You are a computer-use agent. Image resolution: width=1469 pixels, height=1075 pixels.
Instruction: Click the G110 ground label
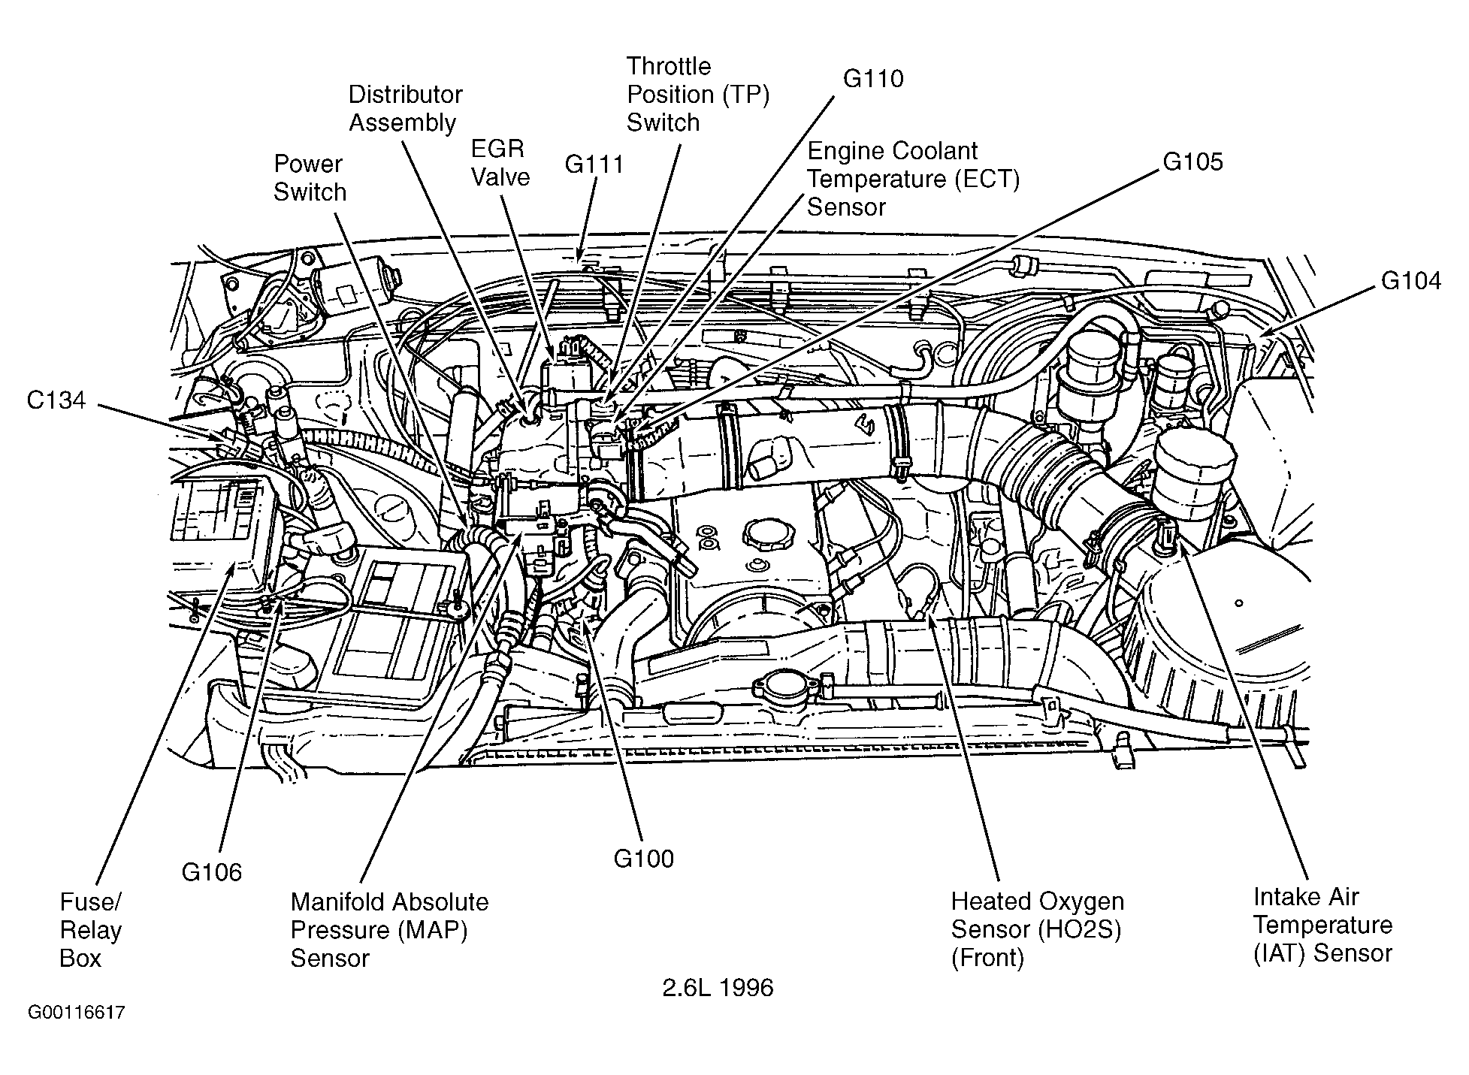click(873, 79)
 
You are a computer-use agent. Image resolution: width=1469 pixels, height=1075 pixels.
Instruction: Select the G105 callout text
click(1193, 162)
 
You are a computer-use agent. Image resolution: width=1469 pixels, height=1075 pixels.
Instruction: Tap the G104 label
click(1411, 281)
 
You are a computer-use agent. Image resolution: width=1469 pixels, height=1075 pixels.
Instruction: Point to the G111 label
click(594, 165)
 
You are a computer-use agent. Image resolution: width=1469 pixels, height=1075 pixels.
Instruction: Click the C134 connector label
click(56, 400)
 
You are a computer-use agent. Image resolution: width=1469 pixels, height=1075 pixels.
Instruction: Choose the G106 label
click(212, 872)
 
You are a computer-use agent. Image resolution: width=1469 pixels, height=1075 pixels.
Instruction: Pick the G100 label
click(644, 858)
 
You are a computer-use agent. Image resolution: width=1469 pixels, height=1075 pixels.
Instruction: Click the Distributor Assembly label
click(406, 108)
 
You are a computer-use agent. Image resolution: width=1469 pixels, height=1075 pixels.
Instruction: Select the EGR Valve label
click(500, 162)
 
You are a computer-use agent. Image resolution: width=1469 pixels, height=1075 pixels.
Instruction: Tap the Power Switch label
click(310, 178)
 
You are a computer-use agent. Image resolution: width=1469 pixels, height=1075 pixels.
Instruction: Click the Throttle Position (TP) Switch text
click(698, 94)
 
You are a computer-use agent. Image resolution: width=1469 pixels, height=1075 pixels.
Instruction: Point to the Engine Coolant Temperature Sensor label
click(914, 179)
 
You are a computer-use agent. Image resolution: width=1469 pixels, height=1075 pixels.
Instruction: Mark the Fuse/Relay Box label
click(91, 930)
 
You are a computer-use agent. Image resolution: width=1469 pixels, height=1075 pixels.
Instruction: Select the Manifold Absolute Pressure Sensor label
click(389, 930)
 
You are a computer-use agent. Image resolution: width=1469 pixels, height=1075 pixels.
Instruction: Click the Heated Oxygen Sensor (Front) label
click(1038, 929)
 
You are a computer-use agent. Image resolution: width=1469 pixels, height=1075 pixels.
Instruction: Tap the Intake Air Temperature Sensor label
click(1322, 925)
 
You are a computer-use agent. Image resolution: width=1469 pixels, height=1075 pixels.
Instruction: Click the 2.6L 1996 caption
click(718, 987)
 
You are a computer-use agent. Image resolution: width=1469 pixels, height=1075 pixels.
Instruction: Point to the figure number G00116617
click(77, 1013)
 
